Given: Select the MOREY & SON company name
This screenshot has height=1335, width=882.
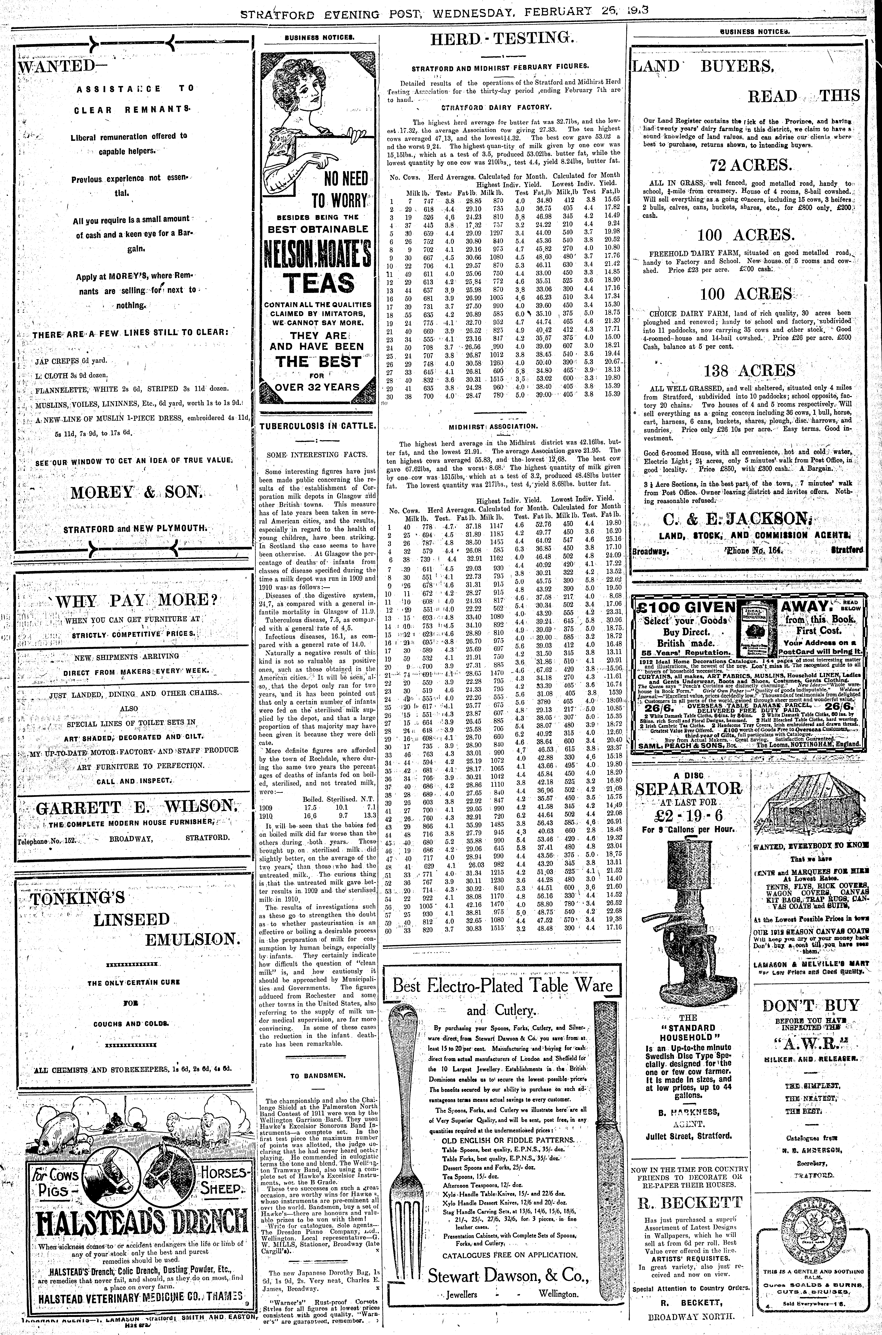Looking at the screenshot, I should pyautogui.click(x=135, y=493).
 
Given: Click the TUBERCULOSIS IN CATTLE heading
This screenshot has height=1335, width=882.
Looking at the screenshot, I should pyautogui.click(x=318, y=426).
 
